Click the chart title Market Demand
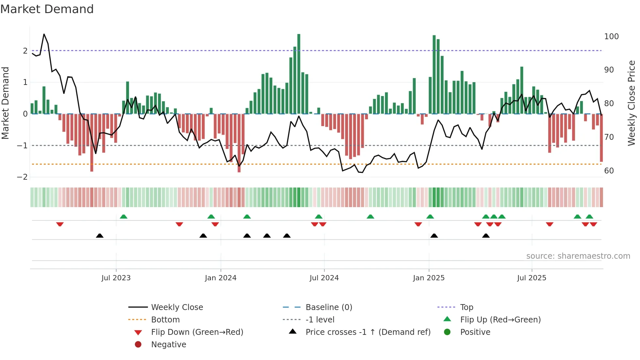[47, 9]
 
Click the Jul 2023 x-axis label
[116, 278]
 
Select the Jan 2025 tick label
[428, 278]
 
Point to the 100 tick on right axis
[611, 37]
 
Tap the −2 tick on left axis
[23, 177]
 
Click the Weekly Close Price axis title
[632, 103]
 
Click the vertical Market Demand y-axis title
[6, 103]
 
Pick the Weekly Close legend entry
[177, 307]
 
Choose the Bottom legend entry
[165, 320]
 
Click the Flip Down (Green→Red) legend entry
[197, 332]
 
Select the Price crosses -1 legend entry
[368, 332]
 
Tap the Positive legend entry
[475, 332]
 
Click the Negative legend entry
[168, 345]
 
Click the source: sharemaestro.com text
[578, 256]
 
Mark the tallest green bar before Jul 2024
[299, 74]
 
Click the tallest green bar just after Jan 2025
[434, 74]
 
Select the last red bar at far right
[601, 138]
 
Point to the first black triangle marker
[100, 236]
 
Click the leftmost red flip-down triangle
[60, 224]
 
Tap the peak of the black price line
[44, 34]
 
